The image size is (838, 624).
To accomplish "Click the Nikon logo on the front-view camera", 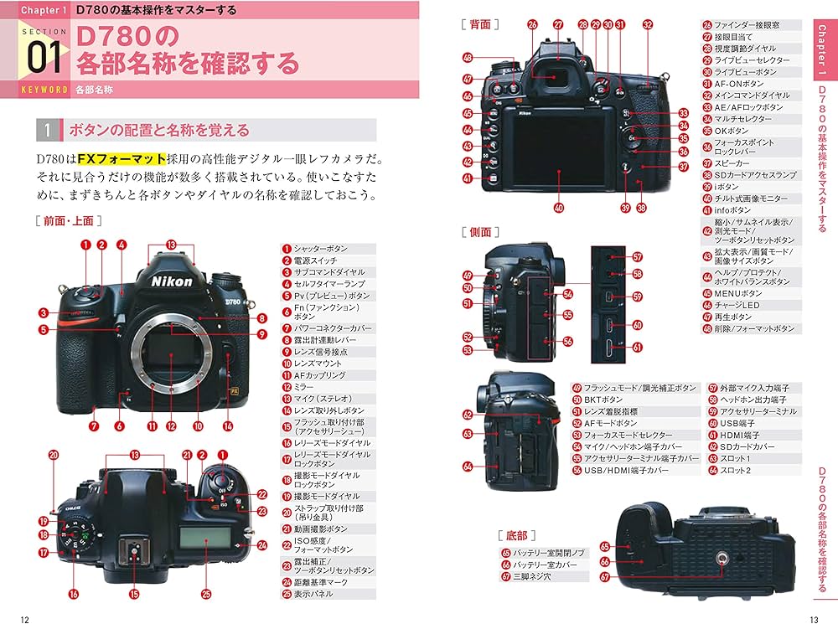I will tap(172, 281).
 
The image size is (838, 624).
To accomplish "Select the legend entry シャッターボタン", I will tap(318, 249).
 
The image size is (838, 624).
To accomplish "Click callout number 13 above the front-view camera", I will tap(171, 244).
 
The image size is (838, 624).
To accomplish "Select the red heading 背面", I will tap(480, 25).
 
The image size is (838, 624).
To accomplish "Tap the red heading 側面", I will tap(480, 231).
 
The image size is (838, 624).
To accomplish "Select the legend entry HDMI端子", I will tap(738, 436).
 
